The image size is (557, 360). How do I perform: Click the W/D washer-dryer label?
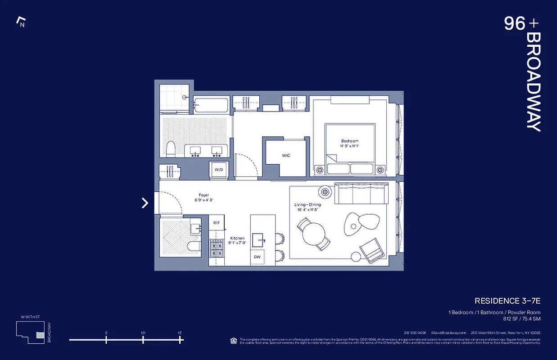point(219,170)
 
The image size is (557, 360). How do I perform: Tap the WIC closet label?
point(286,155)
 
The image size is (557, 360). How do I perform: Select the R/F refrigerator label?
point(217,222)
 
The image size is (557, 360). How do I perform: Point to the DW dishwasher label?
point(257,256)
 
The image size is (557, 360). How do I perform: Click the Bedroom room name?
point(349,141)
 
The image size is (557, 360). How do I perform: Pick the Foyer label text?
point(204,195)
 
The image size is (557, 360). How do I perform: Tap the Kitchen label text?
point(237,238)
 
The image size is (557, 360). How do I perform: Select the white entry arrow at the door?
point(145,203)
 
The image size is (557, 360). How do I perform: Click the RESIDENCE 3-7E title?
point(507,301)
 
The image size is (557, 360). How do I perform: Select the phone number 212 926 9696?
point(415,333)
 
